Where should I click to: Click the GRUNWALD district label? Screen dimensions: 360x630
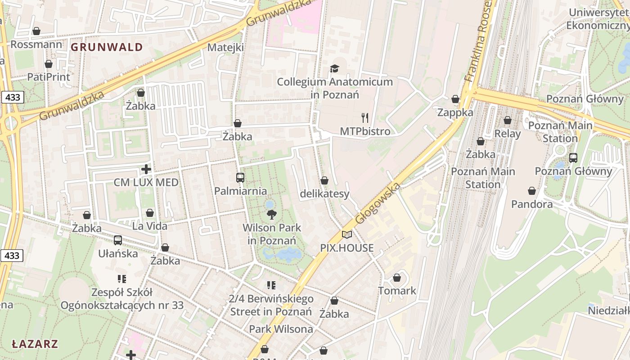click(107, 47)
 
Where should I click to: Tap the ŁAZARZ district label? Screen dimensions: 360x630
click(35, 344)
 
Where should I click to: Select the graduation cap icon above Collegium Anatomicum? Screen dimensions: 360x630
click(334, 68)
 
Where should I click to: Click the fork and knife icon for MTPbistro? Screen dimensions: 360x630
click(365, 118)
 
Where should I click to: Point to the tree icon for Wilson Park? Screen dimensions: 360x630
click(271, 214)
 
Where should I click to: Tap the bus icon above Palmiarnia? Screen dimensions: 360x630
click(240, 177)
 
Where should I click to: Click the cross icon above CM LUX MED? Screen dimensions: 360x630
click(146, 169)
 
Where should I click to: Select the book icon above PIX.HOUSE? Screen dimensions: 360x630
click(346, 234)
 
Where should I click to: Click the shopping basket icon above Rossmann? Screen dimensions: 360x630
click(36, 31)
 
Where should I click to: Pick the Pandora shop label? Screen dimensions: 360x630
click(532, 204)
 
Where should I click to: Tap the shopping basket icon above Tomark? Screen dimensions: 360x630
click(397, 278)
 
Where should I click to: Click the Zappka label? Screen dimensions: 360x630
click(455, 112)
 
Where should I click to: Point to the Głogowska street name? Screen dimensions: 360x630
click(377, 203)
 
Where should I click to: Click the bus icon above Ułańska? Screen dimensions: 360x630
click(118, 240)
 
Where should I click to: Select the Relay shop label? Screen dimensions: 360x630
click(507, 133)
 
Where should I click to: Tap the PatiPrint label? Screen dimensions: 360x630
click(49, 77)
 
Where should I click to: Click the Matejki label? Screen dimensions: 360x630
click(225, 47)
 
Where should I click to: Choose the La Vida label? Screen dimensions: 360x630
click(150, 225)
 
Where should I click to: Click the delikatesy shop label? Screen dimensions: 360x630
click(324, 194)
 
